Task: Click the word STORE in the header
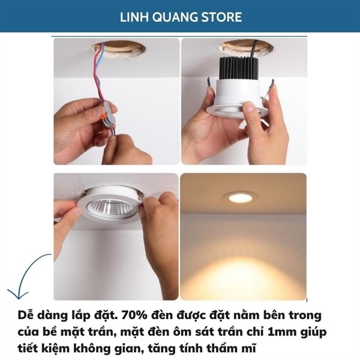click(221, 17)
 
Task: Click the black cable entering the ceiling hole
click(253, 49)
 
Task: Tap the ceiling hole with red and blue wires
click(118, 49)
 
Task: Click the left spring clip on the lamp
click(210, 85)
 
